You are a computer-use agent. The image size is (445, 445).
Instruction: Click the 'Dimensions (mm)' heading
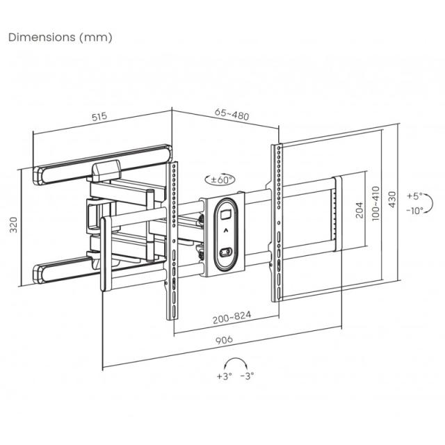[x=60, y=37]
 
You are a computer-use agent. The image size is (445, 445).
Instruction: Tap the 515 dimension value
[x=99, y=118]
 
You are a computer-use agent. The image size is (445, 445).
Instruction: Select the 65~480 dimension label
[x=232, y=114]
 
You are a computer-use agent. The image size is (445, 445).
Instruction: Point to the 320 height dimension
[x=13, y=224]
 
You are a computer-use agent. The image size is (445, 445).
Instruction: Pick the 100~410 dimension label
[x=375, y=202]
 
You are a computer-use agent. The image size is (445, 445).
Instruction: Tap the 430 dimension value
[x=393, y=200]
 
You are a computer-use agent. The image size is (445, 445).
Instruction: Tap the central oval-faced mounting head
[x=224, y=235]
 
